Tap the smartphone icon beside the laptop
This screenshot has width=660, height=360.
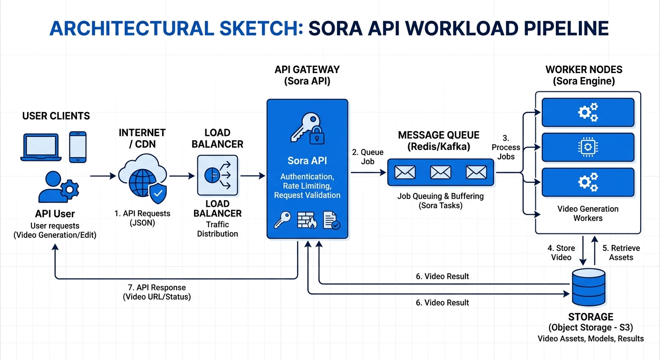pos(78,147)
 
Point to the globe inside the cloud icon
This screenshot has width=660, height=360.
pos(139,183)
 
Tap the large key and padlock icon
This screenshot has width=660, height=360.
pos(307,127)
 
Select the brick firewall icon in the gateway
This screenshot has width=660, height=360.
pos(307,219)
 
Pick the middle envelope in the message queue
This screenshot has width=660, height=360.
pos(440,172)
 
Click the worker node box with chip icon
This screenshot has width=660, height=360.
pos(588,147)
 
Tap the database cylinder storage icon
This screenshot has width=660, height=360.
pos(588,286)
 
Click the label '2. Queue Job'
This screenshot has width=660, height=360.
pos(368,157)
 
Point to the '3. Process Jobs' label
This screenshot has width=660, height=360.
pos(506,147)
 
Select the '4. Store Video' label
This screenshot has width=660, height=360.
pos(562,253)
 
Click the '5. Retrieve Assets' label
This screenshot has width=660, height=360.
pos(621,253)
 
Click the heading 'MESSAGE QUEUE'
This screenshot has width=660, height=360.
pos(438,135)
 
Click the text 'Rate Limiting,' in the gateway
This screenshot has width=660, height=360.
pos(307,186)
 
